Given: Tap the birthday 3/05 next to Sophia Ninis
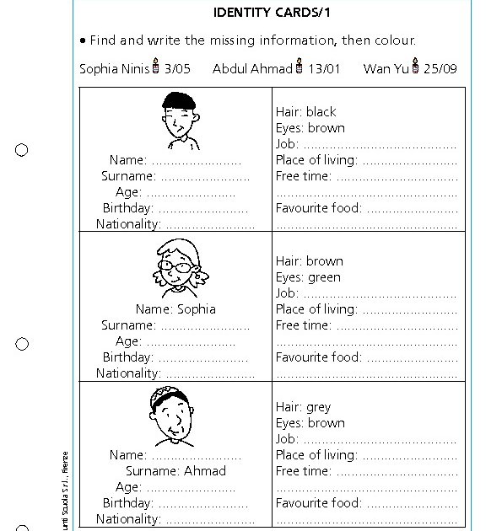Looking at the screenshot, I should (x=178, y=68).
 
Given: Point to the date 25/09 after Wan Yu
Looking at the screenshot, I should (x=440, y=68).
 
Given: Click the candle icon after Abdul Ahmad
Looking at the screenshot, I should (x=299, y=67).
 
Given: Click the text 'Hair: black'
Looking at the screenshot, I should (x=305, y=111).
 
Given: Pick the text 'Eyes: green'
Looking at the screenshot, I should (x=308, y=277).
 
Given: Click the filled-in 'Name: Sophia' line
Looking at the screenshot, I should (x=175, y=309).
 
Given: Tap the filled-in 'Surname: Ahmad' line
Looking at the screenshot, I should (x=175, y=471).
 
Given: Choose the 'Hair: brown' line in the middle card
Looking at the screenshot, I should (x=309, y=261).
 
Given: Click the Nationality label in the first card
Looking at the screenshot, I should (x=127, y=224).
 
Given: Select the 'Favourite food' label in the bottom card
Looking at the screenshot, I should (x=318, y=503).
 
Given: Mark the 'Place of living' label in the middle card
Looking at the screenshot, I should (x=316, y=309).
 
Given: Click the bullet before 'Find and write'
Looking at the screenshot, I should (x=83, y=40).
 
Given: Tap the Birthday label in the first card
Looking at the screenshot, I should (x=127, y=208).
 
